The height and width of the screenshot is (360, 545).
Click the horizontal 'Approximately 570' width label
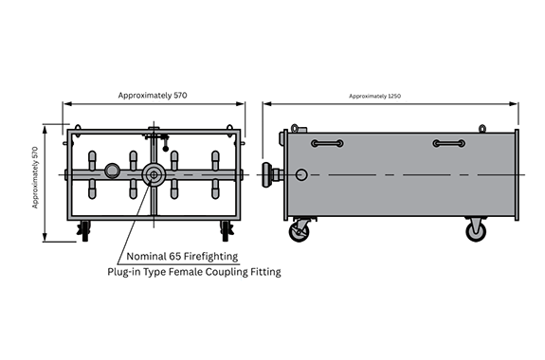pos(153,96)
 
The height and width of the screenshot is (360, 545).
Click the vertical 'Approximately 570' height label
pos(35,177)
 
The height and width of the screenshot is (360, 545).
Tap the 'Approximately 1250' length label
pos(374,96)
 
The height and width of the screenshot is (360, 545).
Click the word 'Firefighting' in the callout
pos(210,257)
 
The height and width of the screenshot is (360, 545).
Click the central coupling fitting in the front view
pos(154,174)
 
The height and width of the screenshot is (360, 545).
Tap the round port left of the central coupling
pos(112,171)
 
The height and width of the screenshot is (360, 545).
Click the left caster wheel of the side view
pos(299,232)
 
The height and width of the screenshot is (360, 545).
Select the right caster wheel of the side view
pos(476,231)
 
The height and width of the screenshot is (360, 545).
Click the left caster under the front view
pos(84,230)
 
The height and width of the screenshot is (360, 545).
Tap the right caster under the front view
pos(226,230)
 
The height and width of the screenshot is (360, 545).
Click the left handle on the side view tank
pos(327,143)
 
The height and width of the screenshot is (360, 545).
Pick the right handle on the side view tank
pos(449,143)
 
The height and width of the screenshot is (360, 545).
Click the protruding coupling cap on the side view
pos(268,174)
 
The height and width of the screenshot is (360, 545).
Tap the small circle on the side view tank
pos(301,174)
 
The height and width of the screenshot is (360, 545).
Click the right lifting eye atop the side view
pos(482,129)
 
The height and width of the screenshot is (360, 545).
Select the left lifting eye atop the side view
pos(295,128)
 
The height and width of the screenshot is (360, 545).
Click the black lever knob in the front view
pos(166,149)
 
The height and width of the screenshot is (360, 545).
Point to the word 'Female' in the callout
pos(186,272)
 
